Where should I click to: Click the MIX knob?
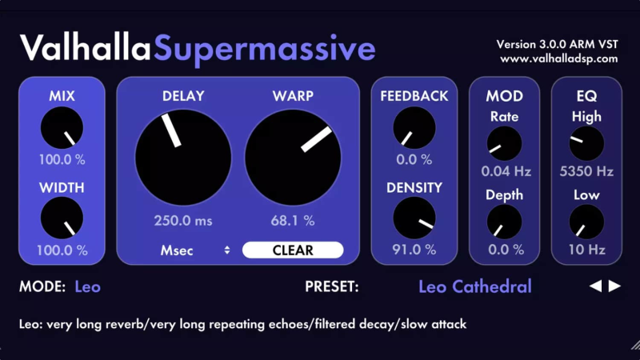coord(62,130)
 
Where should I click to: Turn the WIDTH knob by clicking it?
coord(62,219)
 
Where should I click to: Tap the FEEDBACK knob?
coord(414,128)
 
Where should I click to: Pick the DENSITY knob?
coord(414,218)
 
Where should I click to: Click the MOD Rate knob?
coord(504,144)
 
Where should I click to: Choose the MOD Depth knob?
coord(504,222)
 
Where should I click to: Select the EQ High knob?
coord(586,144)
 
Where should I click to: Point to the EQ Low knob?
coord(586,222)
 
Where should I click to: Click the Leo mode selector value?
coord(88,286)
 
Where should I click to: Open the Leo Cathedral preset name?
coord(474,286)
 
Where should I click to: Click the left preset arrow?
coord(595,286)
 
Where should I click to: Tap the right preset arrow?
coord(614,286)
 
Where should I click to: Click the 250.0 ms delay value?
coord(183,220)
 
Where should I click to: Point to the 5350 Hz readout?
coord(586,171)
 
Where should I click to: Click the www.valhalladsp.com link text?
coord(558,58)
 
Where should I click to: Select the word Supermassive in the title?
coord(265,49)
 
